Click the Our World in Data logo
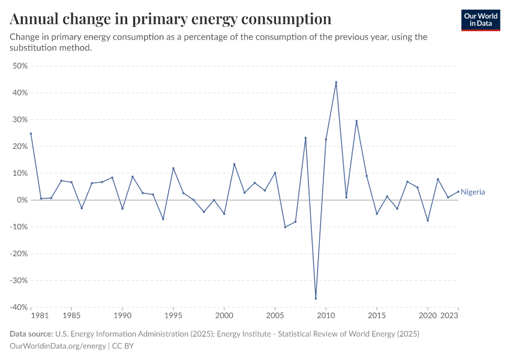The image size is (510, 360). [x=481, y=20]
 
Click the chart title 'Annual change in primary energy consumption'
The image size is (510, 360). [x=171, y=19]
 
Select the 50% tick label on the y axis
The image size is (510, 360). [x=20, y=66]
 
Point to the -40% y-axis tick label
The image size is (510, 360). [x=19, y=307]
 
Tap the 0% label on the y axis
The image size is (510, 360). [x=23, y=200]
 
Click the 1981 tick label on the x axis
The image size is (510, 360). [x=40, y=315]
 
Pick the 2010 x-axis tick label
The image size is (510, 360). [x=326, y=315]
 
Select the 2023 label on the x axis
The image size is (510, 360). [x=451, y=315]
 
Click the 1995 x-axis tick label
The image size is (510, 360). [x=173, y=315]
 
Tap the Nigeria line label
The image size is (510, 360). [x=473, y=192]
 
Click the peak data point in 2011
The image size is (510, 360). [x=336, y=82]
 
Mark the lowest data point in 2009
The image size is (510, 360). [x=316, y=298]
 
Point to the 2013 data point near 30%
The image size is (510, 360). [x=356, y=121]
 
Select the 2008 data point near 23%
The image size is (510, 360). [x=305, y=138]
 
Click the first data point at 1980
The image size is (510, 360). [x=31, y=133]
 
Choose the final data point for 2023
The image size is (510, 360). [x=458, y=192]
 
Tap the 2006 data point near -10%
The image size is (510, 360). [x=285, y=227]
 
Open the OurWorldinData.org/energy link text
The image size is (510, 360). [x=58, y=346]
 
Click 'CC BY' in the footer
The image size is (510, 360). [x=122, y=346]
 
